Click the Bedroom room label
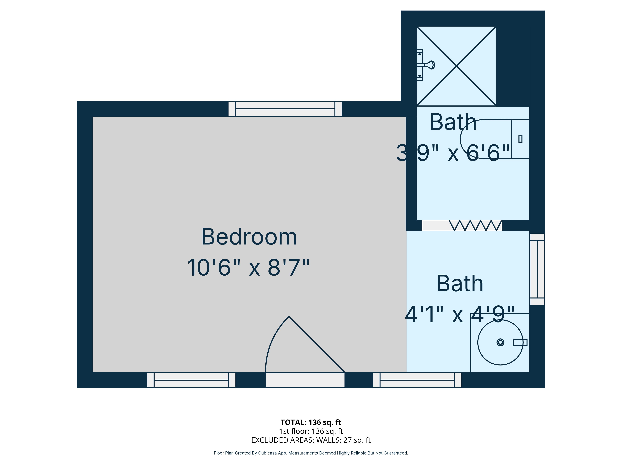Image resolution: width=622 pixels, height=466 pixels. [249, 237]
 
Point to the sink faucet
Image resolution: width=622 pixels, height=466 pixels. [520, 342]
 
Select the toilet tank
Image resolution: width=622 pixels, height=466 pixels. [520, 139]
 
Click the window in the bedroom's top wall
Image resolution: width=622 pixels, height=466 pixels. [285, 109]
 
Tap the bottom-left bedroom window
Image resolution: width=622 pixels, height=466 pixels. [191, 380]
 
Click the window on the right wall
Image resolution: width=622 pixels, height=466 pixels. [537, 269]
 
